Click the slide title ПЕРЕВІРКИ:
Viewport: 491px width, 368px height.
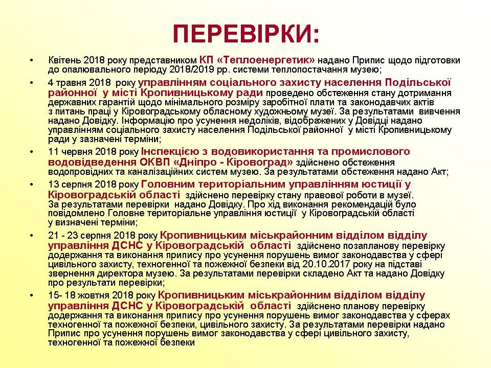pyautogui.click(x=245, y=34)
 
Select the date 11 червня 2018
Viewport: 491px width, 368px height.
pyautogui.click(x=79, y=152)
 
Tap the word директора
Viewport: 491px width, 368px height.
pyautogui.click(x=110, y=273)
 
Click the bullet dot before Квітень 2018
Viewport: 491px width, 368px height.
pyautogui.click(x=32, y=60)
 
